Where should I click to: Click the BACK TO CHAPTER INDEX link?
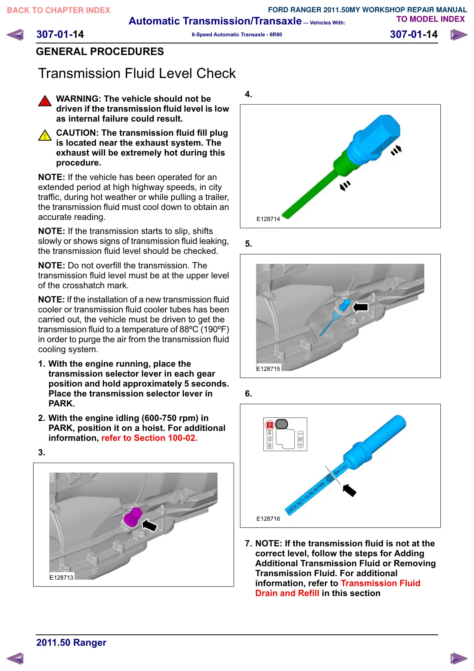coord(58,10)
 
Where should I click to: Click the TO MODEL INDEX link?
coord(430,19)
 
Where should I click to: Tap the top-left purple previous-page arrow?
coord(15,35)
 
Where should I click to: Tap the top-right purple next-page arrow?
coord(459,35)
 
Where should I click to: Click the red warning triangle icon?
coord(45,101)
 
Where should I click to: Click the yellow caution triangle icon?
coord(45,135)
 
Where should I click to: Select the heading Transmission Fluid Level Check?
coord(137,73)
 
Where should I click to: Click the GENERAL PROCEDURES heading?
coord(100,52)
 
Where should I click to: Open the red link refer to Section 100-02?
coord(149,438)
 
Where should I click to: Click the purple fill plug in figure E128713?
coord(133,517)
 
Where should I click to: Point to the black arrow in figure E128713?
coord(149,525)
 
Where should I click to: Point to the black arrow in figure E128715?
coord(360,307)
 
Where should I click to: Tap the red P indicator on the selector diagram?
coord(270,425)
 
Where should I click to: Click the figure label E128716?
coord(268,519)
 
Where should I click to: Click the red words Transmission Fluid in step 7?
coord(380,583)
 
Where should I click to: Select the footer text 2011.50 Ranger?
coord(71,642)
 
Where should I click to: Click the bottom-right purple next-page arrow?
coord(459,658)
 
